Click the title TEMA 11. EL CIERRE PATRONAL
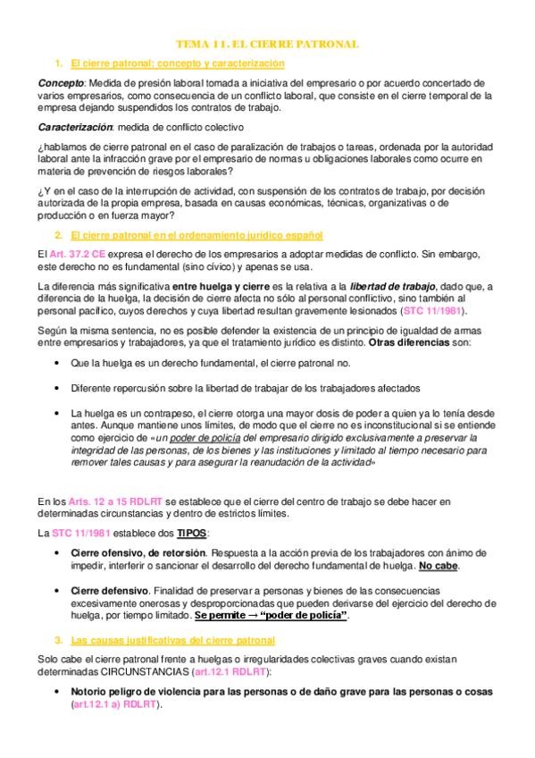pyautogui.click(x=267, y=43)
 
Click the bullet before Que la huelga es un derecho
pyautogui.click(x=57, y=363)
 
